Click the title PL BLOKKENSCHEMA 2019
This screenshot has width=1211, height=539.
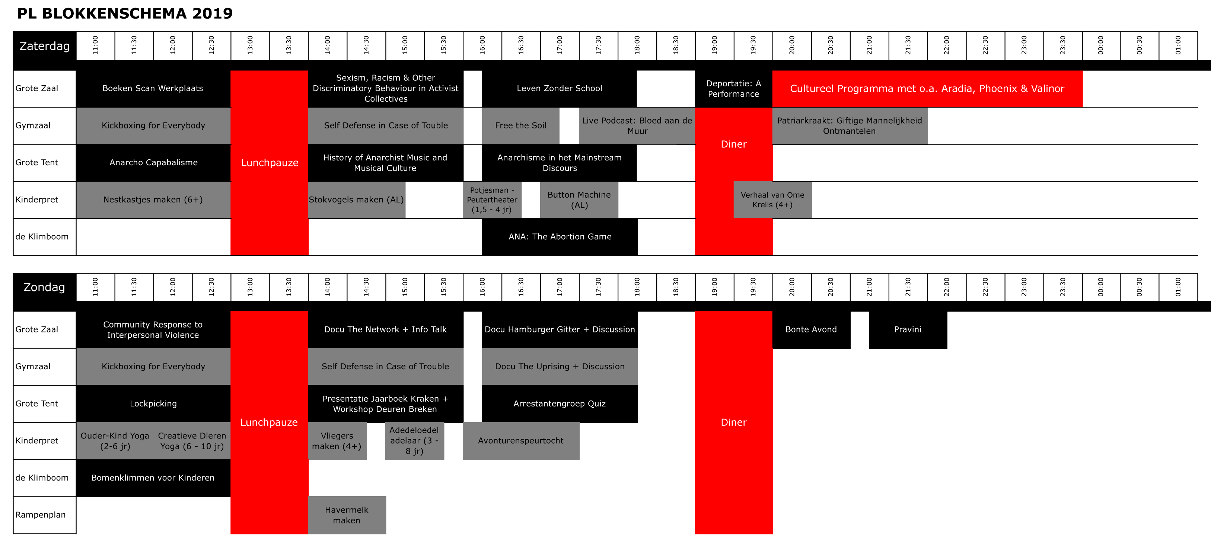tap(125, 13)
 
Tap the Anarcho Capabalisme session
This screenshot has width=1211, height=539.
tap(153, 163)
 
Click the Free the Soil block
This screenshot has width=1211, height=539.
tap(520, 125)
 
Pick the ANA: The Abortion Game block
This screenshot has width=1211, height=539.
tap(560, 237)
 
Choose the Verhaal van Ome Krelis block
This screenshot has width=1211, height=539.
tap(772, 200)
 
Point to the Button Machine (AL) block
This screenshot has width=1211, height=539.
tap(579, 200)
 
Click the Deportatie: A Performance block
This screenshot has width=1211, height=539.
tap(733, 88)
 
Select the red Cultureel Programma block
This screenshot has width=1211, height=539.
tap(927, 88)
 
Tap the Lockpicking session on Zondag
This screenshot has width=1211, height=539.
tap(153, 404)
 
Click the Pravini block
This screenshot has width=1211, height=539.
tap(908, 329)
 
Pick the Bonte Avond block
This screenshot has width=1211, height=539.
tap(811, 329)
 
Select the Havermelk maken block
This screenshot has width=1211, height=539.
tap(347, 515)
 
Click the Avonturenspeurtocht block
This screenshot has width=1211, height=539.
tap(521, 441)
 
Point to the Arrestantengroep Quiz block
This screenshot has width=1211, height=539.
tap(560, 404)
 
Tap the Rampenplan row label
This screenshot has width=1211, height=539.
tap(41, 515)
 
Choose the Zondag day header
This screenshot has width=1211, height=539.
tap(45, 287)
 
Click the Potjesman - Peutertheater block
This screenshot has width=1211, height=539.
tap(492, 200)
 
